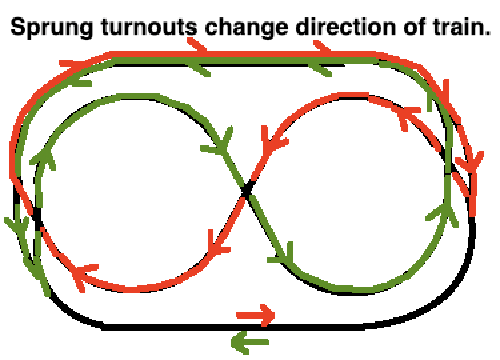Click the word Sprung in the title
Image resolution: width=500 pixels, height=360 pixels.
51,28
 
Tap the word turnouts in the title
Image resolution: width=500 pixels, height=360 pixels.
149,27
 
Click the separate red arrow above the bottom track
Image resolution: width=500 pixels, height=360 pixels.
255,315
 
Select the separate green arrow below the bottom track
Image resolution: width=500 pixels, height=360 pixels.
250,343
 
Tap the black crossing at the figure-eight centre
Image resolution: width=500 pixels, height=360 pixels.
246,191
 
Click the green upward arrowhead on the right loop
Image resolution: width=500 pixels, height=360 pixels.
444,214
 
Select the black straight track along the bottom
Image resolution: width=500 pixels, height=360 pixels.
233,327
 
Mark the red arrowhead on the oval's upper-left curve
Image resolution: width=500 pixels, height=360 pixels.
75,63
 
